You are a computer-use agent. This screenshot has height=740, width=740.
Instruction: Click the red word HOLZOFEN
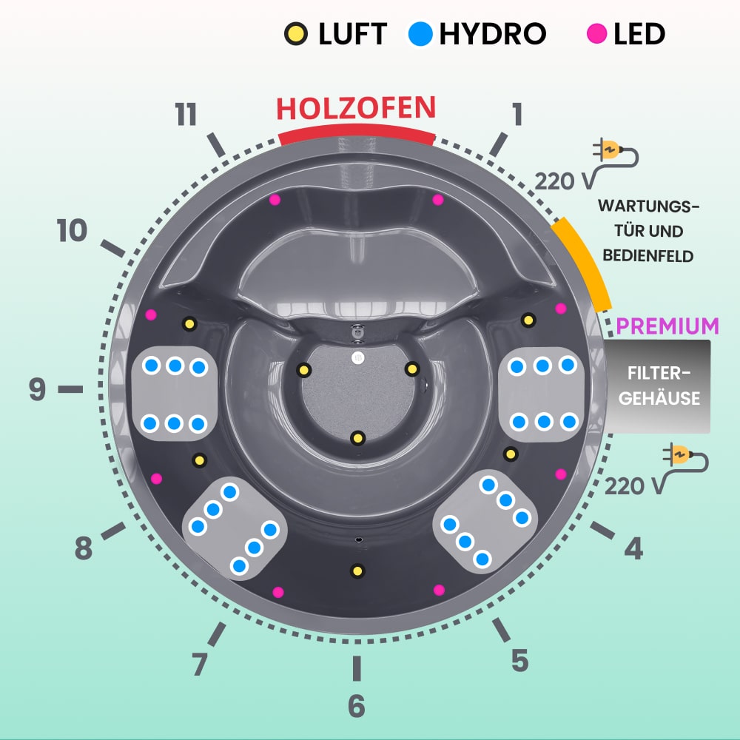(356, 108)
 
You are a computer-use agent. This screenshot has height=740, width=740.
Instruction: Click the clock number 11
(186, 115)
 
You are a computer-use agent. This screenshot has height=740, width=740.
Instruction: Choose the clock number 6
(356, 706)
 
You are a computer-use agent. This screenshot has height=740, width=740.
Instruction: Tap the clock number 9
(38, 389)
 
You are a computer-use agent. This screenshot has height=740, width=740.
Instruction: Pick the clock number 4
(633, 548)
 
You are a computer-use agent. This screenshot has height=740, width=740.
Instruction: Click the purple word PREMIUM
(667, 326)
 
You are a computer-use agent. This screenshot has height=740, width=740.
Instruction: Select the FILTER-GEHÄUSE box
(659, 387)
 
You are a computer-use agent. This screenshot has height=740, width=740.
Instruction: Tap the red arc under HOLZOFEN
(356, 134)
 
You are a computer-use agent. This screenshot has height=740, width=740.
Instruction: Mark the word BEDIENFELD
(648, 256)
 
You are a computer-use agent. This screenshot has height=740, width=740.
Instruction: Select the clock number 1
(517, 115)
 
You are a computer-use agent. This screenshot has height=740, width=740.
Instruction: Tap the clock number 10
(73, 232)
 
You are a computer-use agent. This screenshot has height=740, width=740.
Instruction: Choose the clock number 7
(199, 664)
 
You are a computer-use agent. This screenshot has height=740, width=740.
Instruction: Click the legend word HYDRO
(493, 33)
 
